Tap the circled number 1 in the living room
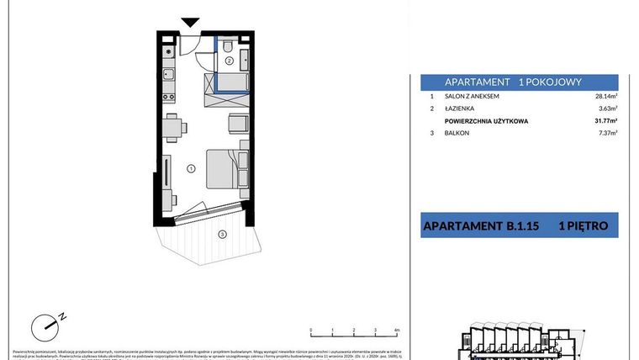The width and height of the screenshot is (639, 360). click(191, 169)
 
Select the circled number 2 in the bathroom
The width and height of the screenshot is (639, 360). click(229, 61)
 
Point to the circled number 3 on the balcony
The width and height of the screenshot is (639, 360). click(221, 234)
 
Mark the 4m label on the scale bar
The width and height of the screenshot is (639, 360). click(396, 331)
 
